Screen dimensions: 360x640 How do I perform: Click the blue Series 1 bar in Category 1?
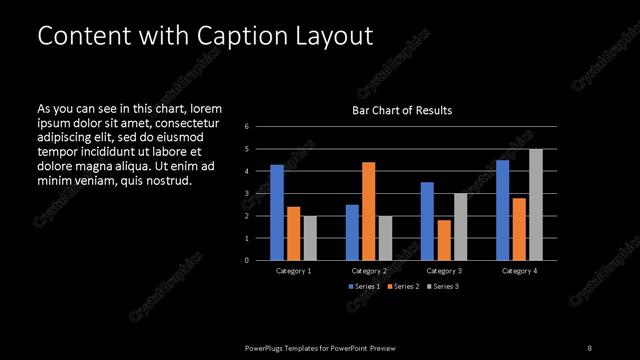coord(277,212)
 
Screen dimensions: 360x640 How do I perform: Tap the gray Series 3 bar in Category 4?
coord(536,204)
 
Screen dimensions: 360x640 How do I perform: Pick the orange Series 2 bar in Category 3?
coord(444,240)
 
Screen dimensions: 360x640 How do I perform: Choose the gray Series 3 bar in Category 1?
coord(310,238)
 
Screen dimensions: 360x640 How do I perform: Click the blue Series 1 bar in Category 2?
coord(352,232)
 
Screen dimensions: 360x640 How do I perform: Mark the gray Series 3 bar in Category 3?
coord(461,227)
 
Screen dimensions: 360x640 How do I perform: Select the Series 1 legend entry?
coord(364,287)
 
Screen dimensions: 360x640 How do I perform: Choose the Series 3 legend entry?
coord(444,287)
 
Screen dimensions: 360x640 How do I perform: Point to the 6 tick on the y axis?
coord(246,127)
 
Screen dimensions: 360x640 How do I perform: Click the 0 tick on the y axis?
coord(246,260)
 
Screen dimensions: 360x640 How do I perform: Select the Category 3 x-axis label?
coord(444,271)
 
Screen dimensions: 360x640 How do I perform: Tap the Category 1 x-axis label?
coord(294,271)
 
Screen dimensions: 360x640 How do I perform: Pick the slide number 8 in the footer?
coord(590,348)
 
